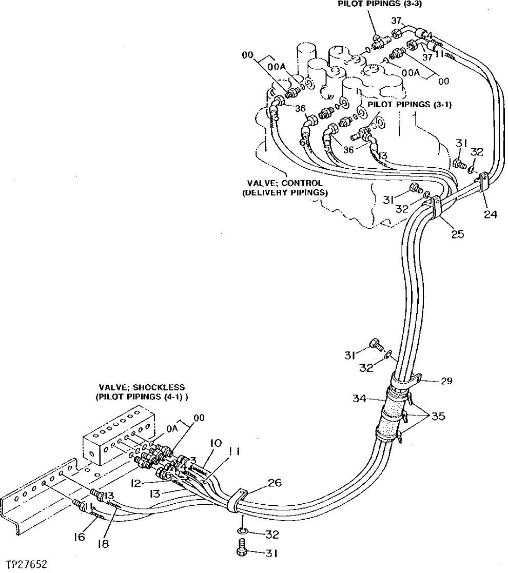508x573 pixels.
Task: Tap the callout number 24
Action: click(490, 215)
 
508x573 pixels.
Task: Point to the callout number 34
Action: click(361, 399)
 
